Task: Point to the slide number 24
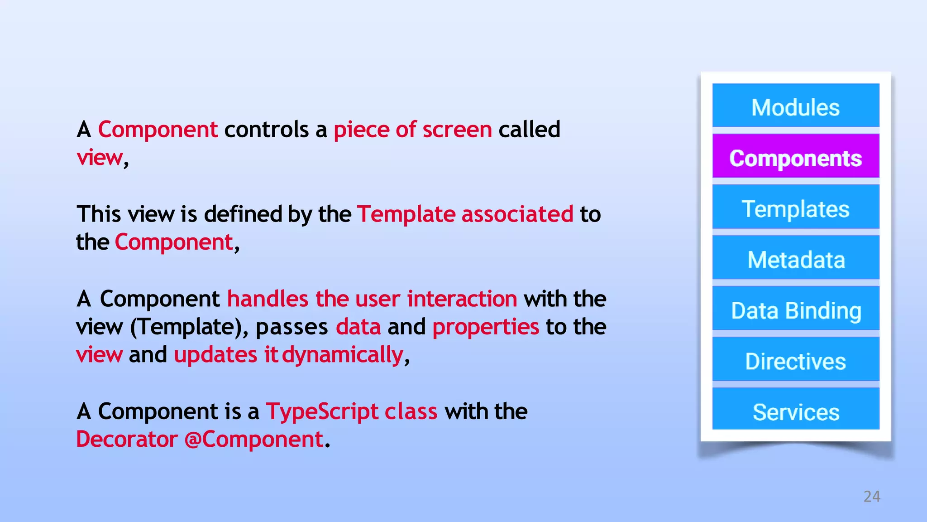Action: (871, 497)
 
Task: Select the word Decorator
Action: (127, 440)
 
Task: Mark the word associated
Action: (517, 214)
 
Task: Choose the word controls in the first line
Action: (266, 130)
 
